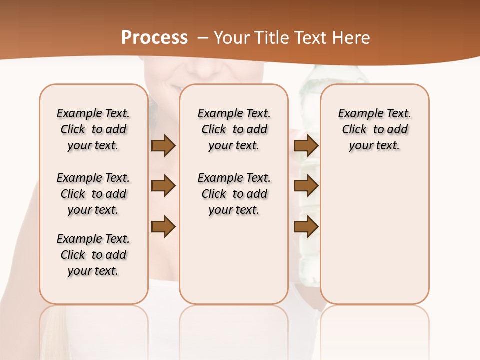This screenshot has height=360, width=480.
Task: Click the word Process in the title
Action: pos(154,37)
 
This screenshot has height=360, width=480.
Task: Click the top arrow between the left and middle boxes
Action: pos(163,146)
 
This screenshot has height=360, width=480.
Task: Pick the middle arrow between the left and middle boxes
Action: pos(163,186)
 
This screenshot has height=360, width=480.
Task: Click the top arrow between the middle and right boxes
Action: pos(306,146)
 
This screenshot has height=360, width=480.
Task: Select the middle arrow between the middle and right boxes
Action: pos(306,186)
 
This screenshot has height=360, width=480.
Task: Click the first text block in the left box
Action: pos(93,129)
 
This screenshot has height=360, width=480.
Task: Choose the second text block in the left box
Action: pos(93,194)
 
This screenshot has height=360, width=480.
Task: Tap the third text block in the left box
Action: pos(93,255)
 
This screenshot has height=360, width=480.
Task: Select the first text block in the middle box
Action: pos(234,129)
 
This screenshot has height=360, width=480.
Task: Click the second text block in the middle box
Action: pos(234,194)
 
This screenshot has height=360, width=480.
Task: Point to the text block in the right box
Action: pos(374,129)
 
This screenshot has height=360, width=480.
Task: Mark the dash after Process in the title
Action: pos(203,37)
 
